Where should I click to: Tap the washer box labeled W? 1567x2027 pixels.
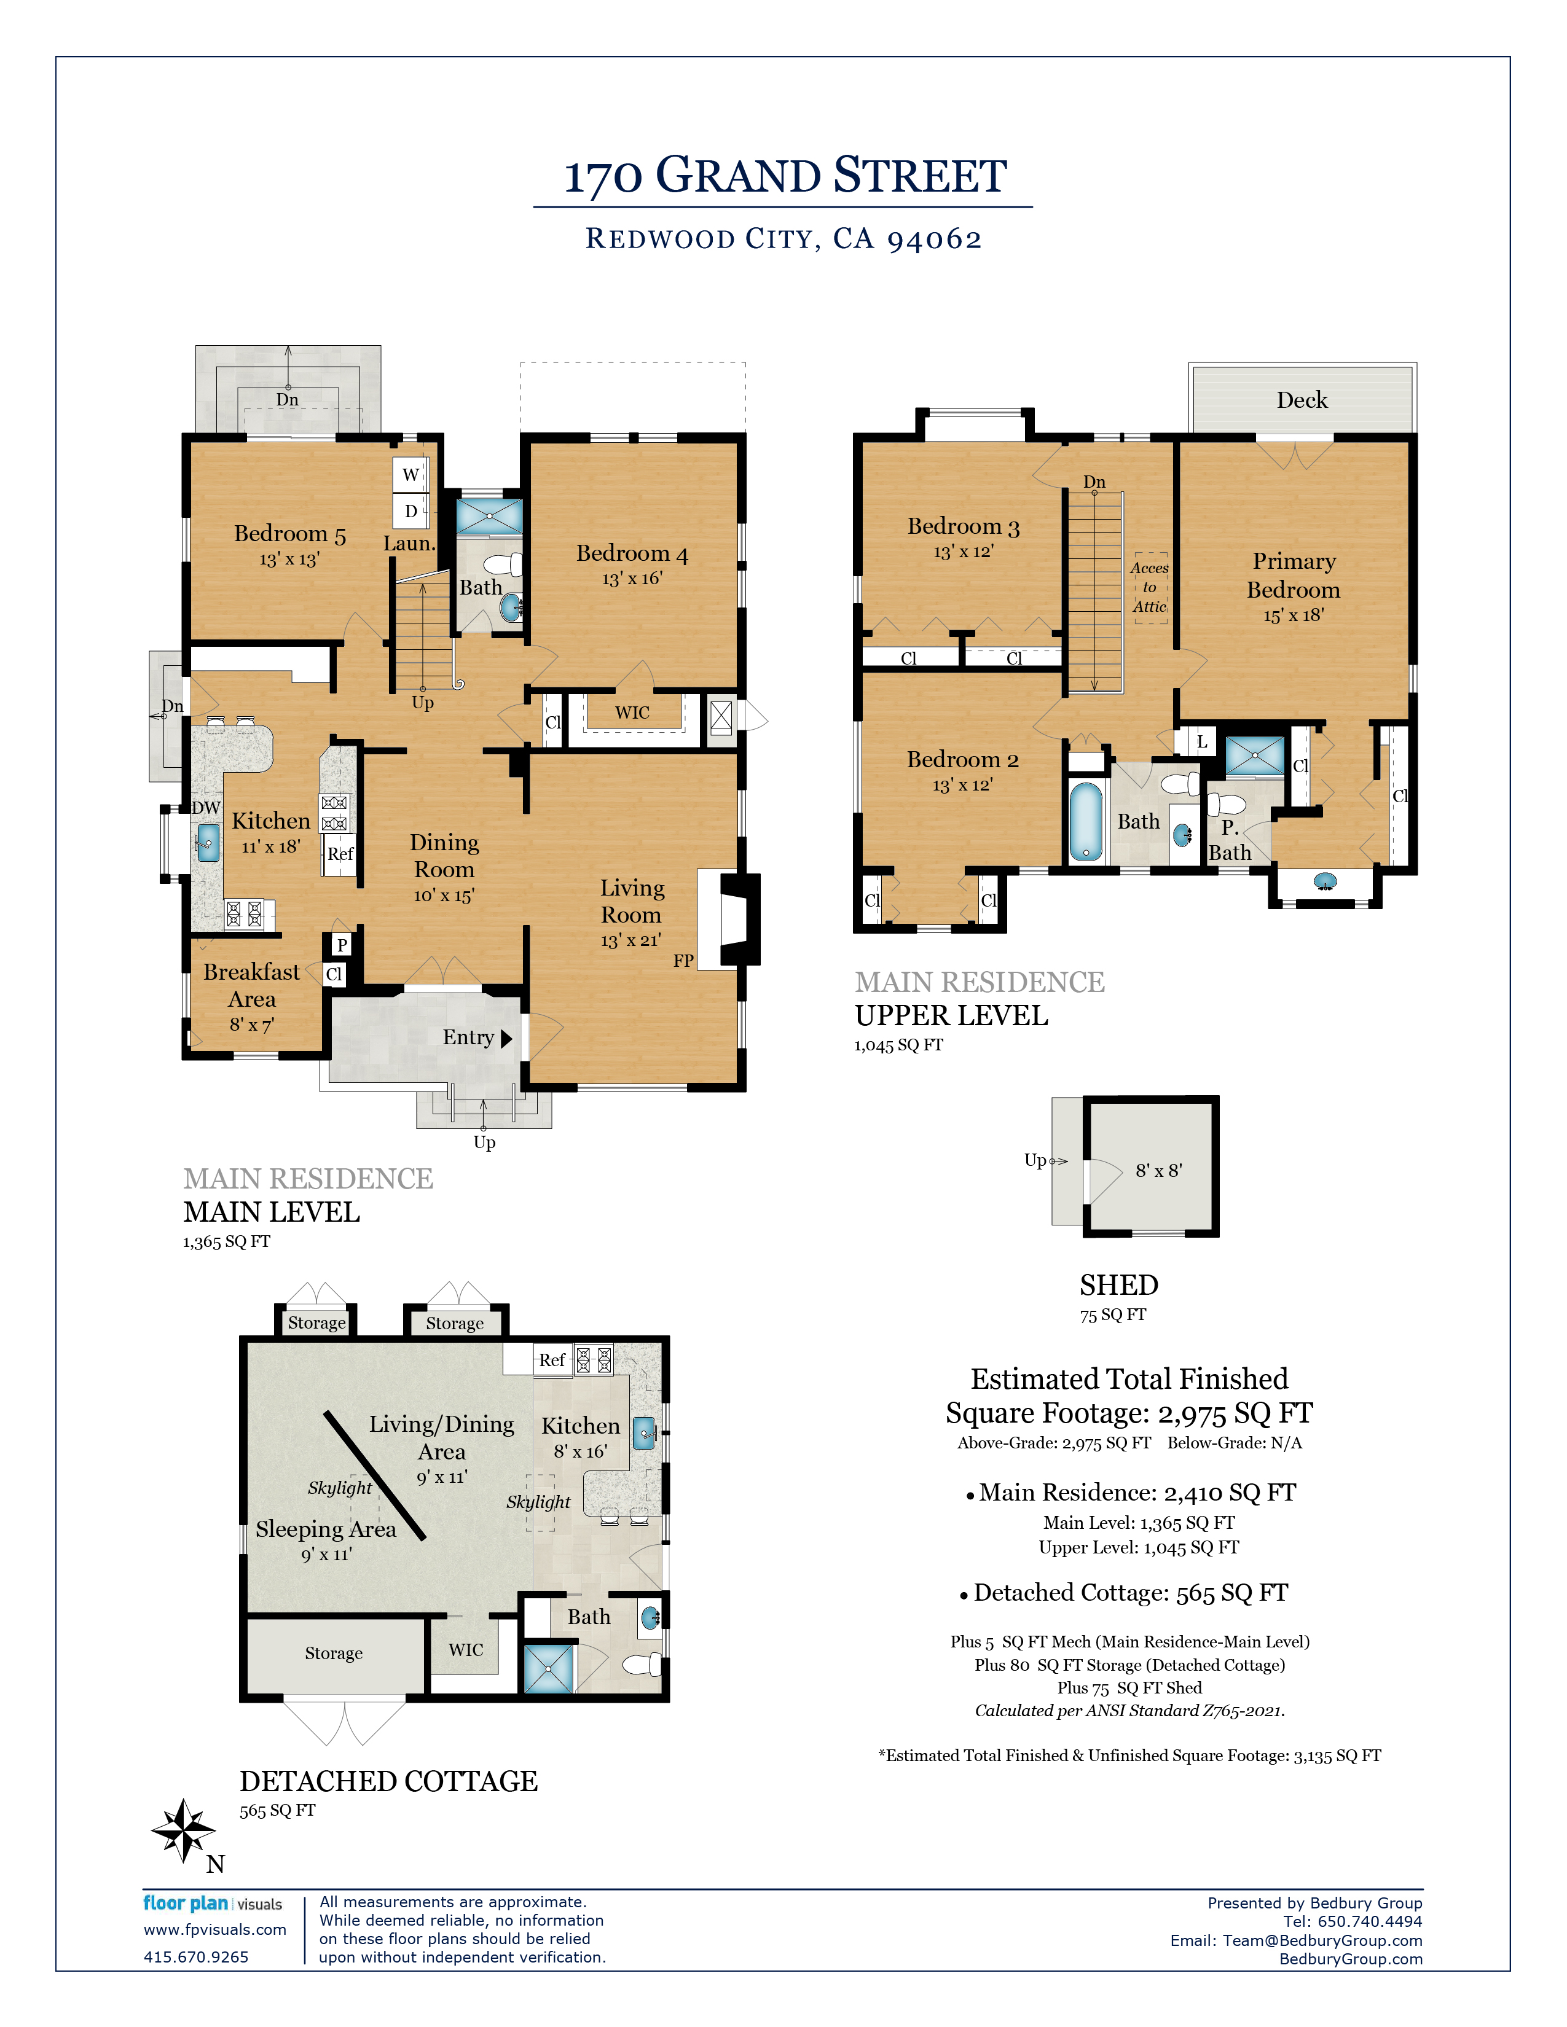(410, 474)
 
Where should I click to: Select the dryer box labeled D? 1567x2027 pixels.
(410, 510)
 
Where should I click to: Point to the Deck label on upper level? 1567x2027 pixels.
(1302, 400)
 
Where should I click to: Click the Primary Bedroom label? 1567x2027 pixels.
(1293, 576)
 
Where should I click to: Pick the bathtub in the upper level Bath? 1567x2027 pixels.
(1085, 821)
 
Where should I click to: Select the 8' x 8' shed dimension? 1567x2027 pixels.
(1158, 1170)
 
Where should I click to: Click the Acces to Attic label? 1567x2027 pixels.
(1149, 587)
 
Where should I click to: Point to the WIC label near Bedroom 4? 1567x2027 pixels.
(632, 713)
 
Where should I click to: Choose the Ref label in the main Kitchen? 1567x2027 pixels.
(340, 854)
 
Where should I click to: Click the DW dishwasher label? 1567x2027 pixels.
(206, 808)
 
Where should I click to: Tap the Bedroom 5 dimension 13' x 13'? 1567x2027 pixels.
(289, 560)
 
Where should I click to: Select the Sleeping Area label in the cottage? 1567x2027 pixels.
(326, 1529)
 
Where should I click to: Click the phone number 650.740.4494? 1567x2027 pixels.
(1369, 1921)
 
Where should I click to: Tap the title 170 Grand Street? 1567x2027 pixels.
(785, 176)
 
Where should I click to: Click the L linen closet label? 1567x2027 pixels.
(1201, 741)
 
